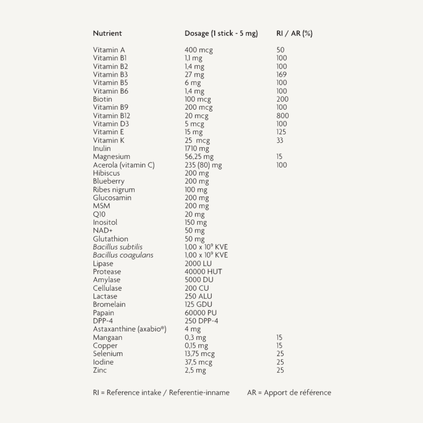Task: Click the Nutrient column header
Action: (107, 33)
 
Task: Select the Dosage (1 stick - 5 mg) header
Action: (221, 33)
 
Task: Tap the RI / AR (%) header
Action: (294, 33)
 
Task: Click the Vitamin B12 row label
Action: (112, 116)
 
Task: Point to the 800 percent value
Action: (282, 116)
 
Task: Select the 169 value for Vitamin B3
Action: (281, 74)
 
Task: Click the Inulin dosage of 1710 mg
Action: (197, 148)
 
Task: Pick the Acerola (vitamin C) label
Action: (124, 165)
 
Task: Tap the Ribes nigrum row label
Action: (114, 190)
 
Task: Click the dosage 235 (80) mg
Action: (203, 165)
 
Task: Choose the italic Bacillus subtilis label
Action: (117, 247)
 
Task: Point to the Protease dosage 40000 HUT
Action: (203, 271)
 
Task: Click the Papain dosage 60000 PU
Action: (201, 313)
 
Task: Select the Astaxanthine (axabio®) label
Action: (130, 329)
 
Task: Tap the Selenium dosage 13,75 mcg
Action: (200, 354)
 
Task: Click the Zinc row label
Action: (100, 370)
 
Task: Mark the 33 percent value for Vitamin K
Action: (280, 140)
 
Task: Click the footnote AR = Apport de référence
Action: (289, 392)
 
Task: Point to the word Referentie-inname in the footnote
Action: (199, 392)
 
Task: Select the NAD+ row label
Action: (103, 230)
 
